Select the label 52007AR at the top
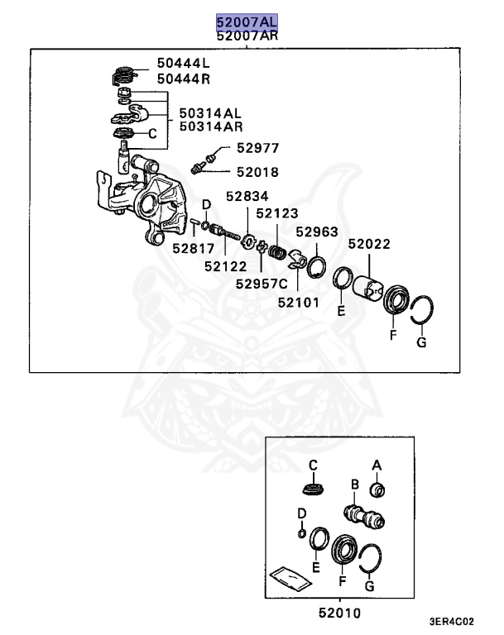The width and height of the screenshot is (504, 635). click(247, 36)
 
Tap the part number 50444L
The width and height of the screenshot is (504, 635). click(182, 63)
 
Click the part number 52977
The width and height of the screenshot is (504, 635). click(257, 149)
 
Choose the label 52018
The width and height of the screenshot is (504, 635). click(257, 172)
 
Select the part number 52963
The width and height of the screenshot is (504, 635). click(317, 232)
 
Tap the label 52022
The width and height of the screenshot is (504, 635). click(369, 245)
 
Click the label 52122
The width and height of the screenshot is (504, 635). click(226, 266)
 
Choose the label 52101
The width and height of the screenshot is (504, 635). click(298, 303)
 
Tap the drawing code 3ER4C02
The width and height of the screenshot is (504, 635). click(453, 620)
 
